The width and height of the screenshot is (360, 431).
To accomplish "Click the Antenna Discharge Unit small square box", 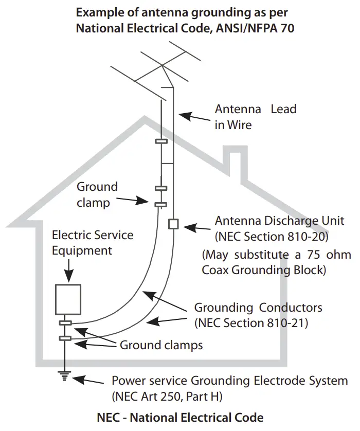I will point(173,224).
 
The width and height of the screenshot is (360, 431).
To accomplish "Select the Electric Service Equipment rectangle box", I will point(68,299).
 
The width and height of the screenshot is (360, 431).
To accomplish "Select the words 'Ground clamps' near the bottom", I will point(161,345).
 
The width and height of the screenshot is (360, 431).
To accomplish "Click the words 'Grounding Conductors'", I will point(258,308).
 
